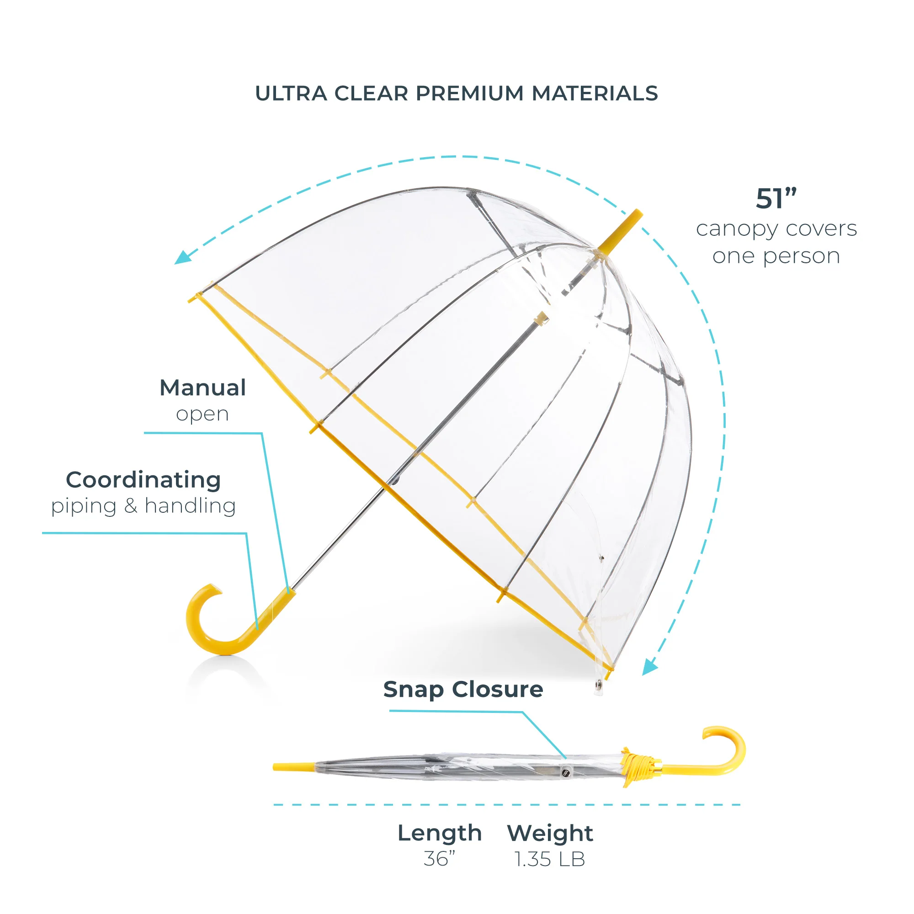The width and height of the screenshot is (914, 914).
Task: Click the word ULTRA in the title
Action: coord(291,94)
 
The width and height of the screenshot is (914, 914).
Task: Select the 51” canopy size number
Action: coord(776,198)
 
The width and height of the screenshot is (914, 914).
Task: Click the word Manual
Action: coord(202,388)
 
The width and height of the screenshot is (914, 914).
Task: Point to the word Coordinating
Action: coord(143,480)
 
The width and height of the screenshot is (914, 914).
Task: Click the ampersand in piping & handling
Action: coord(131,505)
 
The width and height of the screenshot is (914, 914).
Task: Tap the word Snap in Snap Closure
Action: coord(414,690)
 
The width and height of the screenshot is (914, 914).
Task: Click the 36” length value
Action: coord(439,859)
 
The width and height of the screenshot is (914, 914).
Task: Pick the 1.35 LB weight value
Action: coord(550,859)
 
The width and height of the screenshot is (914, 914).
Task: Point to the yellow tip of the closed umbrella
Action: coord(294,766)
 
